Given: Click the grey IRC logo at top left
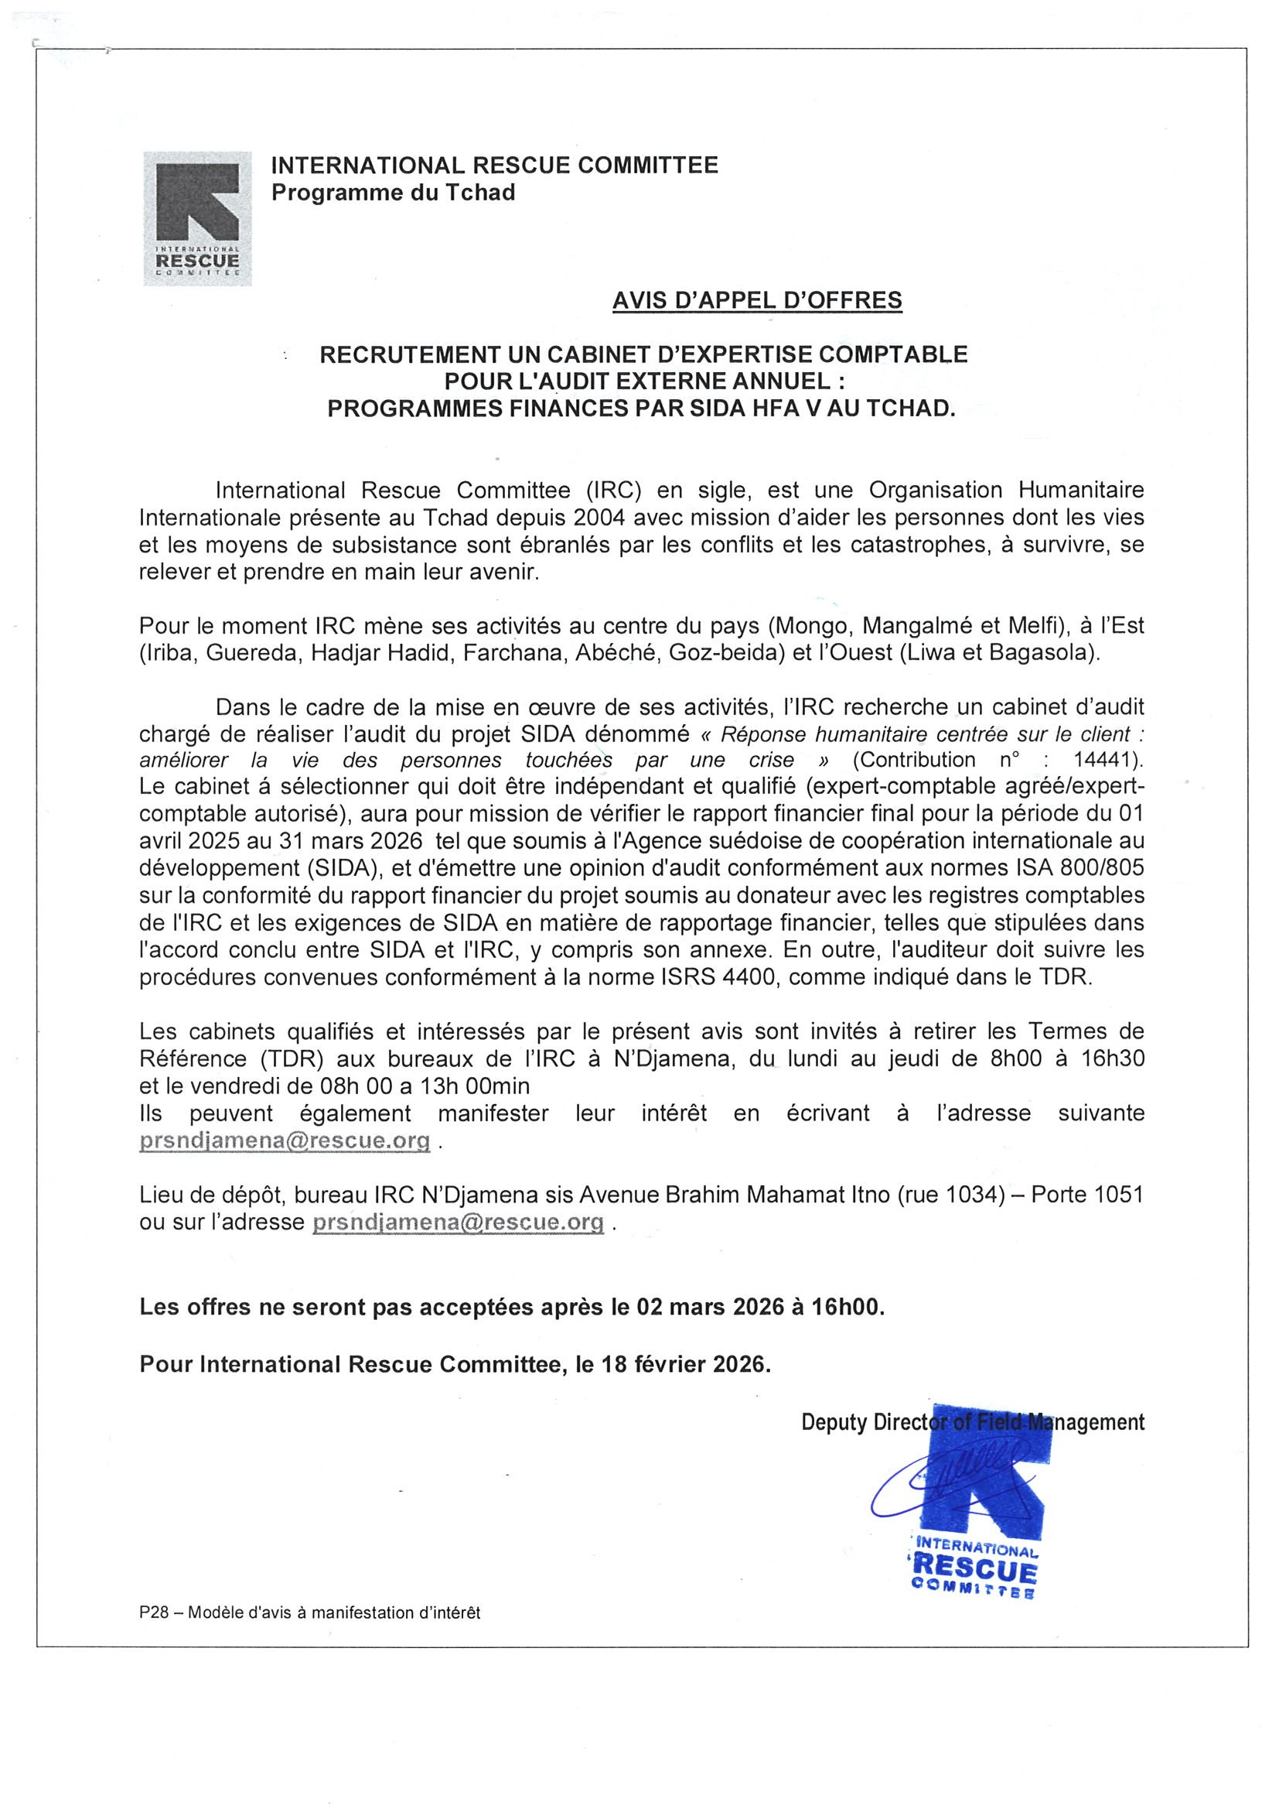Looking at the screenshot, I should coord(197,218).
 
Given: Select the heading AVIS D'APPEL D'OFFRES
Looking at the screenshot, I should coord(757,300).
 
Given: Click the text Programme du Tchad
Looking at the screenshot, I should coord(393,192).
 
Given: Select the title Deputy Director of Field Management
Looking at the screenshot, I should coord(972,1422).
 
